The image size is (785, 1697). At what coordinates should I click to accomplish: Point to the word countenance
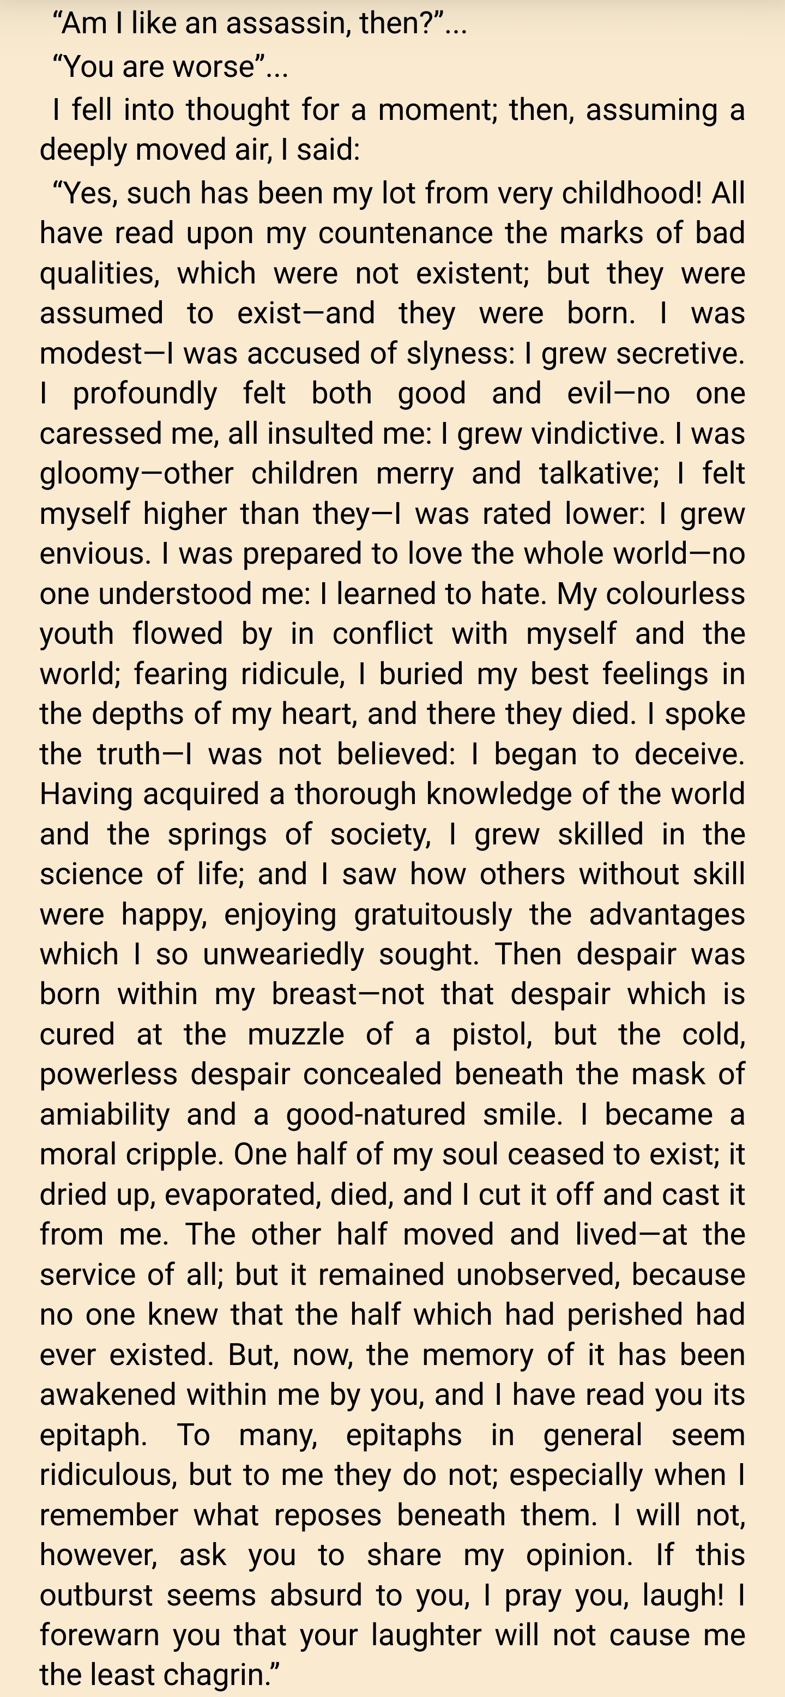click(x=405, y=233)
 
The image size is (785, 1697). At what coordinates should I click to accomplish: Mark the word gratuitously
click(x=433, y=914)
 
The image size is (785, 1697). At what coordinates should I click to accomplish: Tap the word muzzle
click(x=295, y=1034)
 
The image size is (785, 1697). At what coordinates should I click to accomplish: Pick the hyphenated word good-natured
click(x=376, y=1115)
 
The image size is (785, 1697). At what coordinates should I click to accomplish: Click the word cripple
click(x=174, y=1155)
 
